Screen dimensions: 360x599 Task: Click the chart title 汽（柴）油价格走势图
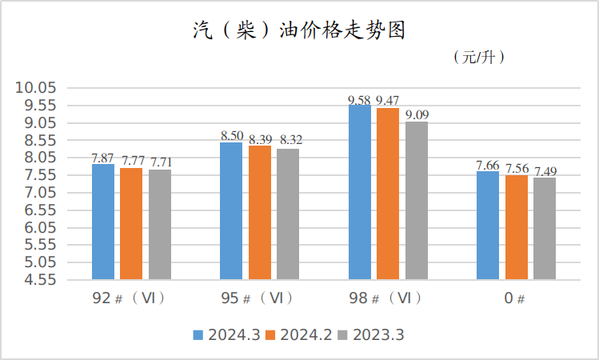click(x=300, y=31)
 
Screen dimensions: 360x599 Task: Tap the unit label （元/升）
click(x=478, y=58)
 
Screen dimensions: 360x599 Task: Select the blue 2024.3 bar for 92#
click(x=103, y=222)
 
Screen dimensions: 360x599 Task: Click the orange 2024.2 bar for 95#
click(x=260, y=212)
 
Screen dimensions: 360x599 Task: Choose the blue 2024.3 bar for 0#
click(x=488, y=225)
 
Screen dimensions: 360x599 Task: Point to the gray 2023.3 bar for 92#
click(x=160, y=224)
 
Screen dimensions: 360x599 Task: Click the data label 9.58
click(x=359, y=100)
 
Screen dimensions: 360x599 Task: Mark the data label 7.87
click(x=103, y=158)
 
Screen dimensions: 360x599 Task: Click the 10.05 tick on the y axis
click(x=37, y=88)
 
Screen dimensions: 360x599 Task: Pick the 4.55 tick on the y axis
click(x=37, y=280)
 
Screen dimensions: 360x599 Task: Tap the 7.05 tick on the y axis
click(x=37, y=193)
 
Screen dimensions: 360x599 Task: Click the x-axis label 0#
click(x=515, y=299)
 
